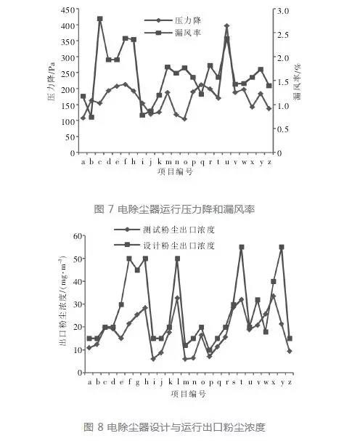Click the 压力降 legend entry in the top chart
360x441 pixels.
click(x=173, y=20)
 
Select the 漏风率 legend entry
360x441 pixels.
click(x=173, y=33)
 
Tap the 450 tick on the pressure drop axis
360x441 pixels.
click(x=67, y=10)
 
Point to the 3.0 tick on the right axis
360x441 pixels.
click(x=283, y=11)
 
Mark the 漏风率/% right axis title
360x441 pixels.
click(x=297, y=82)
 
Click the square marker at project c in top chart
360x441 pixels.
click(x=99, y=19)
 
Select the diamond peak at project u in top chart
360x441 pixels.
click(x=226, y=26)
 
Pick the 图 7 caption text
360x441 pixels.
click(x=174, y=209)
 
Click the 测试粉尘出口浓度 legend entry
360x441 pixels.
click(x=165, y=230)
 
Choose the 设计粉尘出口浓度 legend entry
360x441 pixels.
click(x=165, y=246)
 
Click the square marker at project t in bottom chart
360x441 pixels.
click(x=242, y=247)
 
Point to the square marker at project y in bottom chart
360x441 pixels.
click(x=282, y=247)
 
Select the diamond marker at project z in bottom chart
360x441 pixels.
click(x=290, y=352)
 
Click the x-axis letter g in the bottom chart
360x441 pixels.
click(x=137, y=383)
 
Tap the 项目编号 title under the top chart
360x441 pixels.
click(x=175, y=171)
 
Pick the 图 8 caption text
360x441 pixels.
click(x=174, y=427)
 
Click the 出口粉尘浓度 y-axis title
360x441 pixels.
click(x=62, y=301)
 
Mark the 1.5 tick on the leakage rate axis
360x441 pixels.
click(x=283, y=82)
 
